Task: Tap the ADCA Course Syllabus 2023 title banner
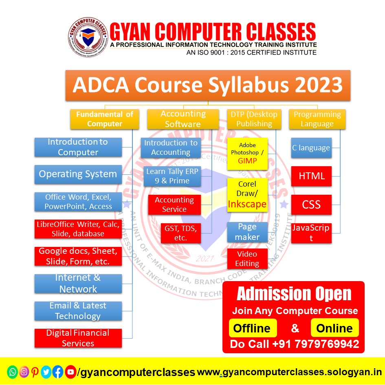(208, 86)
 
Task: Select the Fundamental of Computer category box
(104, 119)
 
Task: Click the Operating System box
(78, 174)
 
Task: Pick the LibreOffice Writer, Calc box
(78, 229)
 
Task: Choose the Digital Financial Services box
(78, 338)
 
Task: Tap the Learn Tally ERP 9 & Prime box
(172, 176)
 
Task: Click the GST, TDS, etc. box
(180, 233)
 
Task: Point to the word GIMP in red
(247, 161)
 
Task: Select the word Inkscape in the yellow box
(247, 204)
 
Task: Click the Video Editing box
(247, 259)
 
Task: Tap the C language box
(311, 148)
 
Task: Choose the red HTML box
(311, 176)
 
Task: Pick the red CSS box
(311, 205)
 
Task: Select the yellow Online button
(334, 328)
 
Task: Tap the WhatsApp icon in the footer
(13, 372)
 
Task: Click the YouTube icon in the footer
(70, 372)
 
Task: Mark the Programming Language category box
(317, 119)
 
